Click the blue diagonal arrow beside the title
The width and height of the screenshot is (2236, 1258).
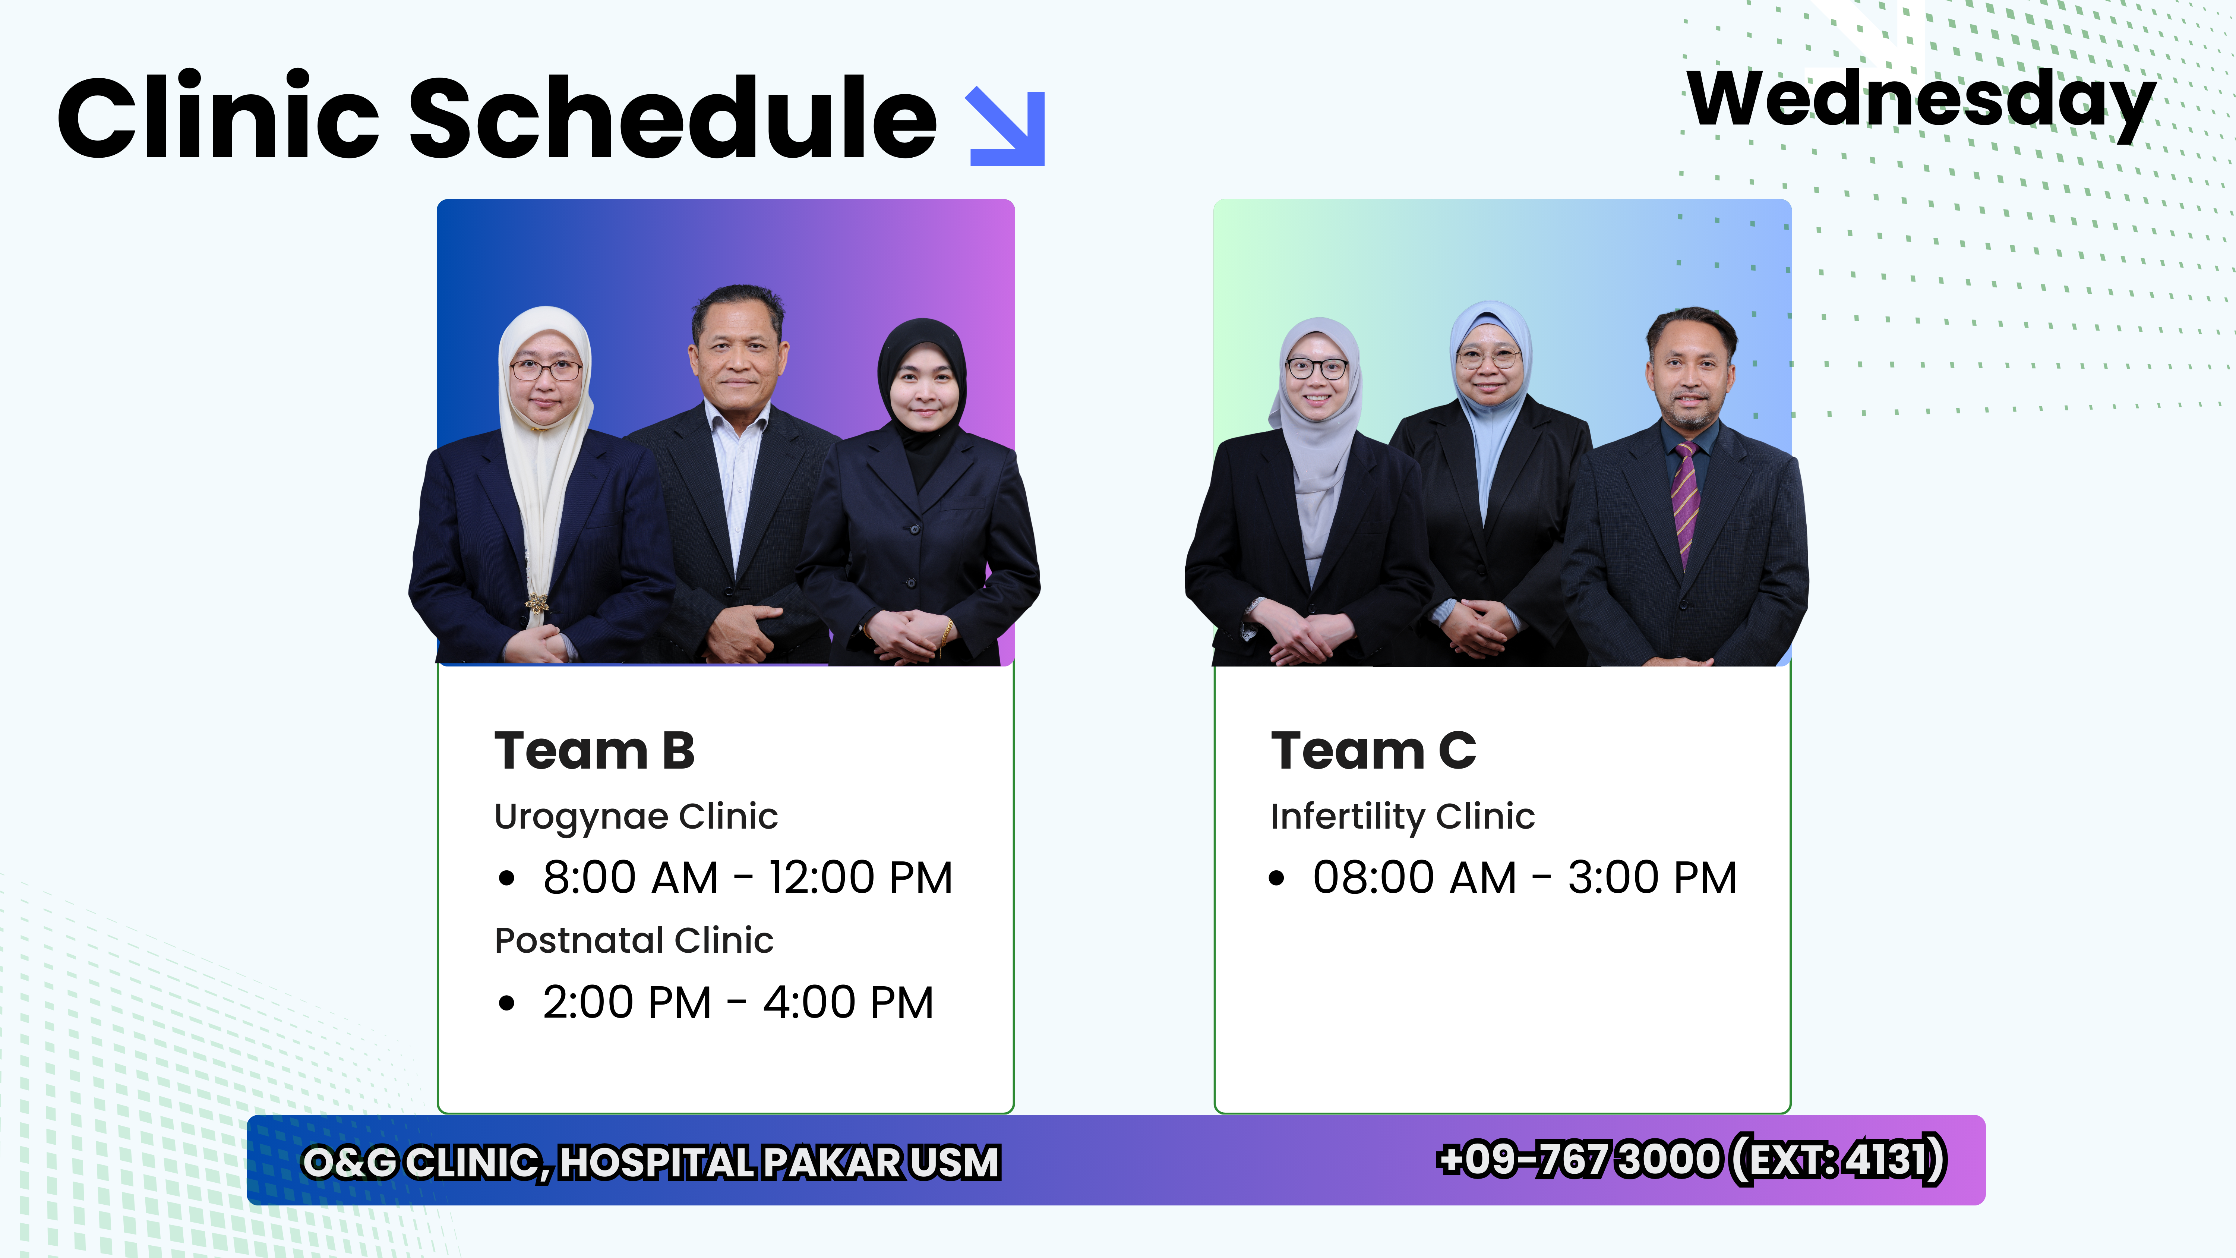click(1007, 126)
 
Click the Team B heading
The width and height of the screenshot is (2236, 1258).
click(594, 751)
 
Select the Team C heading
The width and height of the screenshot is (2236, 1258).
click(1373, 751)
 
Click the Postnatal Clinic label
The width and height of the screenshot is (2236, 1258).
click(634, 940)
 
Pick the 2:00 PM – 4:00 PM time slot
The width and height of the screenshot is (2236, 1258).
click(738, 1003)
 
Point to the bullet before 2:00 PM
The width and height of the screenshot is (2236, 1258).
click(507, 1004)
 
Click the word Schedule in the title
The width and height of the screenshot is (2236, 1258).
click(673, 117)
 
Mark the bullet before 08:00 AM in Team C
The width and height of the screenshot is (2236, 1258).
click(1276, 879)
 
